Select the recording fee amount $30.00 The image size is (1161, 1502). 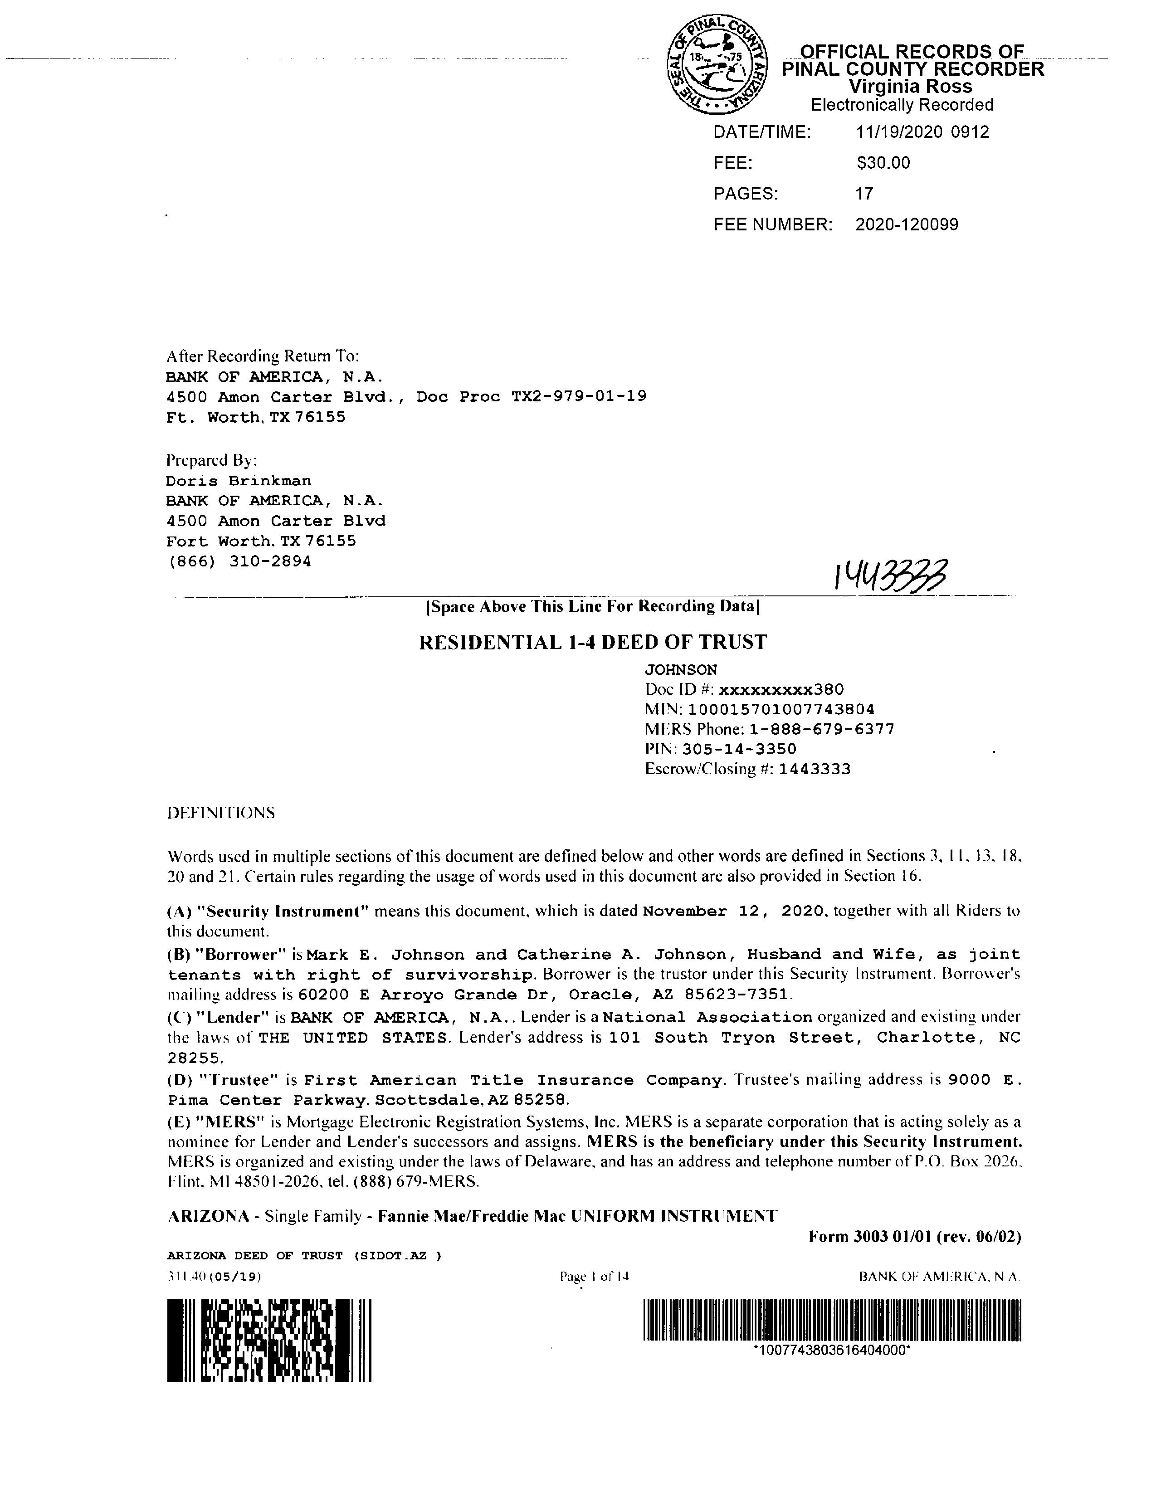[x=883, y=163]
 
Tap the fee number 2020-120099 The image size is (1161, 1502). [x=907, y=225]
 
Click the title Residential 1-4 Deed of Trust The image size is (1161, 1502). [x=593, y=642]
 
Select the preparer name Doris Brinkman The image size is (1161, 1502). [x=239, y=481]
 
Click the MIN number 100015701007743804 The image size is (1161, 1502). [x=781, y=709]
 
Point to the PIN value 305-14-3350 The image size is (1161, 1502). [x=739, y=749]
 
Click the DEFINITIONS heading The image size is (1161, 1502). [x=221, y=813]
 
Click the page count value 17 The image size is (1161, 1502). [x=864, y=194]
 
